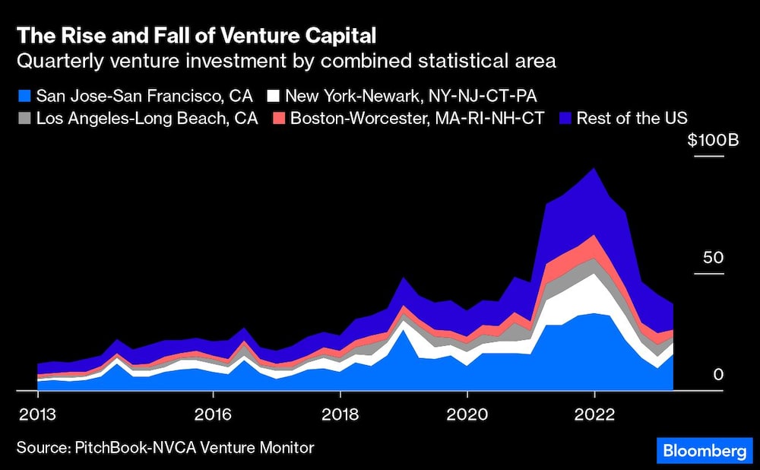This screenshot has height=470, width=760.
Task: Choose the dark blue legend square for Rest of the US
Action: (x=564, y=119)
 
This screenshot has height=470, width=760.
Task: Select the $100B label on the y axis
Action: (x=706, y=141)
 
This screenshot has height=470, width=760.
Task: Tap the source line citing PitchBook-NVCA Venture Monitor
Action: (x=165, y=447)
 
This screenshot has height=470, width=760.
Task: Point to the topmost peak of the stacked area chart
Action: (x=594, y=169)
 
